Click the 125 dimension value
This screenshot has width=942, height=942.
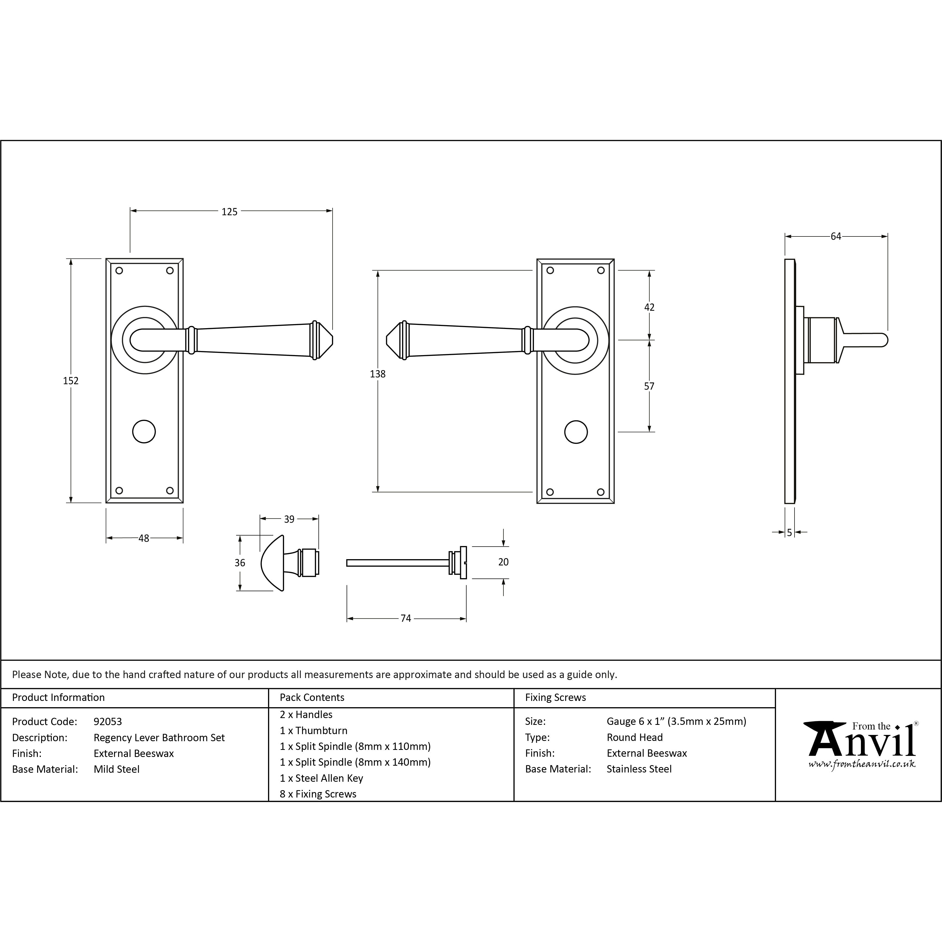[229, 212]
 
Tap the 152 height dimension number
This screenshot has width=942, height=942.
[71, 381]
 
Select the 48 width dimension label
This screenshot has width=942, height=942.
[144, 538]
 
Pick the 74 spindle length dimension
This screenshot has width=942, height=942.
[406, 618]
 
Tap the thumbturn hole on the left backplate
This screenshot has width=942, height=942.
[144, 432]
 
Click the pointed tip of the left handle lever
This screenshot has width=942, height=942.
[333, 340]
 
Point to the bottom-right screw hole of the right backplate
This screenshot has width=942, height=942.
[601, 492]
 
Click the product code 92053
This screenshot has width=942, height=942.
[108, 722]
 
